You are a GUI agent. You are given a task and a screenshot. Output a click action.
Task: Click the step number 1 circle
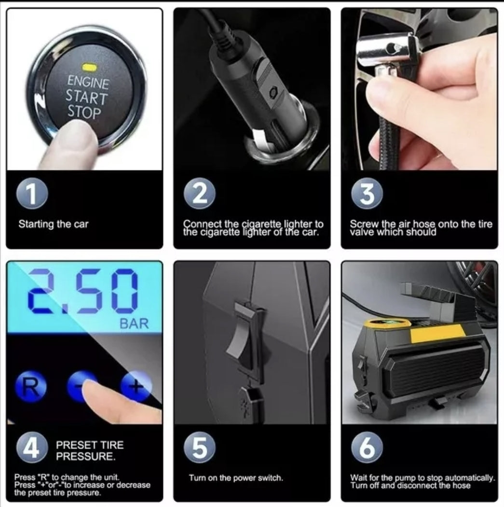(x=32, y=193)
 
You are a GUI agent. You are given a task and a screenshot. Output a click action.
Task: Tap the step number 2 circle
(x=200, y=193)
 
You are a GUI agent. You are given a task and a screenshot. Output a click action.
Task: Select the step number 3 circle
(x=367, y=193)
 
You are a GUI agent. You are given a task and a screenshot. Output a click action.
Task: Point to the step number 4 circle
(x=32, y=448)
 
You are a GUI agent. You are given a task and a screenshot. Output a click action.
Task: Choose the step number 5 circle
(x=200, y=448)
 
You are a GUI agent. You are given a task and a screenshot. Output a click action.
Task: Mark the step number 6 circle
(x=367, y=448)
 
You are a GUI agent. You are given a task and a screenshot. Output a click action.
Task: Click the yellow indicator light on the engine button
(x=89, y=67)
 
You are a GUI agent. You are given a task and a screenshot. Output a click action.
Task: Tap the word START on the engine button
(x=86, y=97)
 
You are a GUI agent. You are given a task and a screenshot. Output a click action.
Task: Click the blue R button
(x=31, y=387)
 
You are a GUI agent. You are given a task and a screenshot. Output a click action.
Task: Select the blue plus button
(x=136, y=386)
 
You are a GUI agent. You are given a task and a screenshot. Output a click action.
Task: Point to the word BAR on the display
(x=134, y=324)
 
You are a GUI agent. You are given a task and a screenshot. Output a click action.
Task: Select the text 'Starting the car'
(x=53, y=224)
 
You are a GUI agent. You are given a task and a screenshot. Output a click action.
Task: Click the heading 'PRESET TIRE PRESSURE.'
(x=90, y=451)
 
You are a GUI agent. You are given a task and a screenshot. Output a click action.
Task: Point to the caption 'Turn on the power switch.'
(x=236, y=478)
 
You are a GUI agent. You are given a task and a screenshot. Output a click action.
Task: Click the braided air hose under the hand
(x=387, y=129)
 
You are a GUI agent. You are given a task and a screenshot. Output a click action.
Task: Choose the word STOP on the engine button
(x=84, y=113)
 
